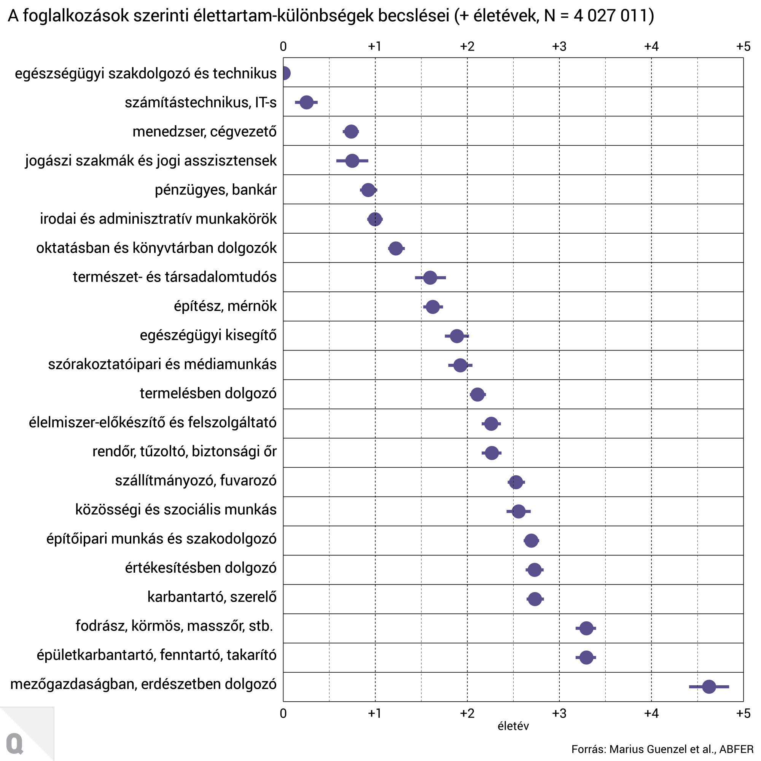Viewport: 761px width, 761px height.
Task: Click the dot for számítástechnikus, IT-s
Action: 306,102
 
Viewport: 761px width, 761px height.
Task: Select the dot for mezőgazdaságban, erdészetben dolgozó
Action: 708,686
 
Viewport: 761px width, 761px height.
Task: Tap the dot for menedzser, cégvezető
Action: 351,132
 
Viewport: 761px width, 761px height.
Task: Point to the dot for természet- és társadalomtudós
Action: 430,278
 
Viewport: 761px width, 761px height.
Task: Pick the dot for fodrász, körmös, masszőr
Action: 586,628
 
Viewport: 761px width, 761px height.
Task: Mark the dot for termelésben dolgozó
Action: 478,394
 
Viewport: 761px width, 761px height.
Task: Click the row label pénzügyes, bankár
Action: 215,190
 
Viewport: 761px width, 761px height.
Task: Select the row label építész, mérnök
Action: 225,306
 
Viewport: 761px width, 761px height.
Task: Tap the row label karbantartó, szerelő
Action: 212,597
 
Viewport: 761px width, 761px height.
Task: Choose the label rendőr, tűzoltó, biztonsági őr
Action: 184,451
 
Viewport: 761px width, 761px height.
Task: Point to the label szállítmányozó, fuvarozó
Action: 196,481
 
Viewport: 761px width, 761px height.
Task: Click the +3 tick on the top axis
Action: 559,47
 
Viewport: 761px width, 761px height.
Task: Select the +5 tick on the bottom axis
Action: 743,713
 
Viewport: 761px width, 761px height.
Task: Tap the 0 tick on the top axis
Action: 283,47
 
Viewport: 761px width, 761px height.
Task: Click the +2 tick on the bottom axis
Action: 467,713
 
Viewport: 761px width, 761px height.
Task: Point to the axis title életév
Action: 513,726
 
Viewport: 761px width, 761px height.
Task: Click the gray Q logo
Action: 15,743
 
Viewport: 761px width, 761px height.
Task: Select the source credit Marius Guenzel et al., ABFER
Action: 662,749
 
